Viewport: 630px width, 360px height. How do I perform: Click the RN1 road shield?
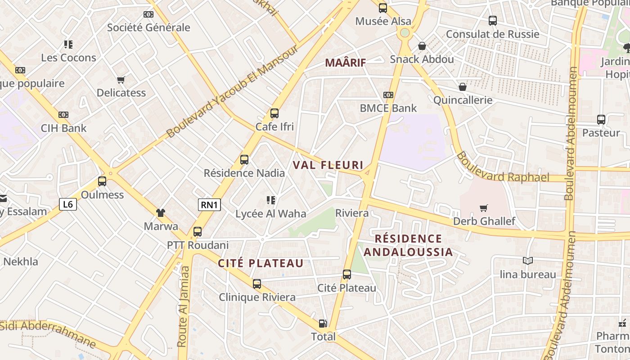tap(210, 205)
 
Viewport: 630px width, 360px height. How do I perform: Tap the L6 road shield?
tap(68, 204)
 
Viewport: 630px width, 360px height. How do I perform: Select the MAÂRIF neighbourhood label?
tap(346, 63)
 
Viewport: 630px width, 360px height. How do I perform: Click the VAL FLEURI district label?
tap(328, 165)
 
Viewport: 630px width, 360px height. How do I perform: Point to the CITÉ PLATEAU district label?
tap(261, 264)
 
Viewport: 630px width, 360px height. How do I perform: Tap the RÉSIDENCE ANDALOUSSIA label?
tap(409, 245)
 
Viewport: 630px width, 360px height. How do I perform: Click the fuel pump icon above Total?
tap(323, 323)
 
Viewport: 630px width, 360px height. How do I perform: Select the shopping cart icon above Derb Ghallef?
tap(484, 208)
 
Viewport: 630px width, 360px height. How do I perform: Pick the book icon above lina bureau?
tap(528, 261)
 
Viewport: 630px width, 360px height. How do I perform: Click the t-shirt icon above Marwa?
tap(161, 213)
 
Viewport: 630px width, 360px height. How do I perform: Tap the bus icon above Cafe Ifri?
tap(274, 113)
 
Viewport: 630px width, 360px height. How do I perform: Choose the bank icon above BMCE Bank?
tap(388, 95)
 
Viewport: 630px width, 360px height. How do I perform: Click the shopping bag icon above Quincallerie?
tap(463, 87)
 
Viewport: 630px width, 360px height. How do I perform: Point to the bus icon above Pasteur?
tap(601, 119)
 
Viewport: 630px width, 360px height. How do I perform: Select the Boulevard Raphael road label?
tap(503, 168)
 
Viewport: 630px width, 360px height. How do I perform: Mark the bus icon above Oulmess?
tap(102, 181)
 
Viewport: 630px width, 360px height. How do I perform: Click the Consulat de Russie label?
tap(492, 34)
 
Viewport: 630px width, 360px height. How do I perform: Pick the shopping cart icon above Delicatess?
tap(121, 80)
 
